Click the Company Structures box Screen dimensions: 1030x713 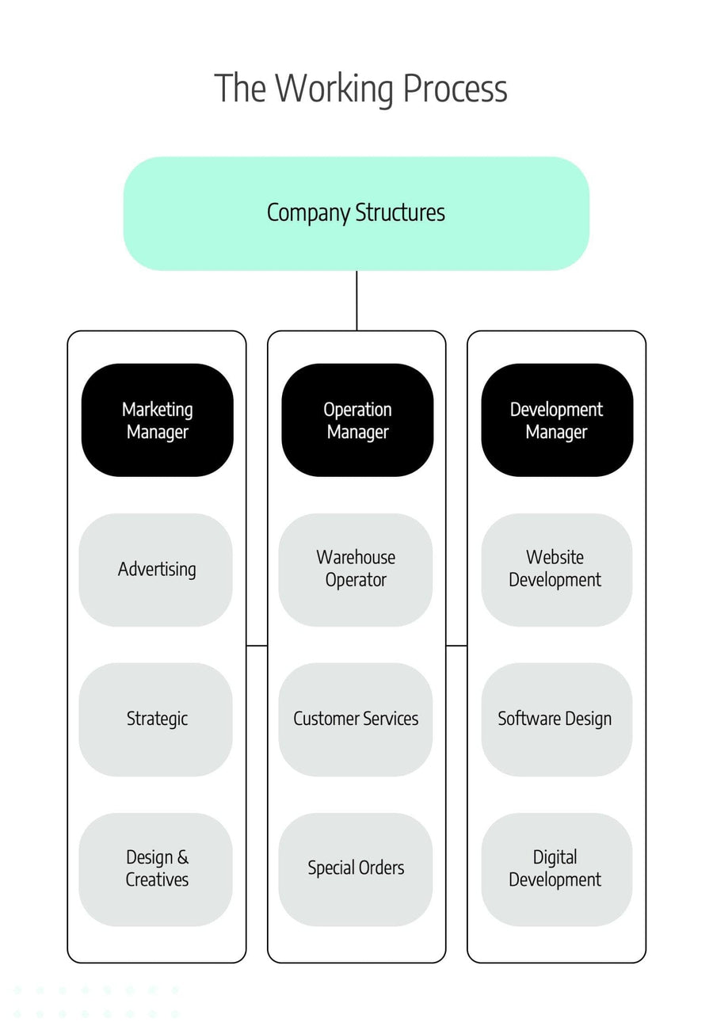pyautogui.click(x=356, y=213)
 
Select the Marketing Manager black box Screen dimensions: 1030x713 pyautogui.click(x=158, y=420)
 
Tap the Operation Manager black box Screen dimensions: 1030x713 pyautogui.click(x=357, y=420)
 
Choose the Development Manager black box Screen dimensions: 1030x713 pyautogui.click(x=557, y=420)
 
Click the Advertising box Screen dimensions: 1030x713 pyautogui.click(x=156, y=570)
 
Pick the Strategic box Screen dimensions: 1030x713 pyautogui.click(x=156, y=719)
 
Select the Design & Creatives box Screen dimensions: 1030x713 pyautogui.click(x=156, y=869)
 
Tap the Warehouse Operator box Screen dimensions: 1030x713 pyautogui.click(x=356, y=570)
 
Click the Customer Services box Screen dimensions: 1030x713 pyautogui.click(x=356, y=719)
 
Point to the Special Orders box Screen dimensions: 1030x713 pyautogui.click(x=356, y=869)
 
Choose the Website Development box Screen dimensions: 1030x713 pyautogui.click(x=557, y=570)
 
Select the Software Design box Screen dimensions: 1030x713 pyautogui.click(x=557, y=719)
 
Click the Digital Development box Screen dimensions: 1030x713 pyautogui.click(x=557, y=869)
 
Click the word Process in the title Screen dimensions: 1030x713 pyautogui.click(x=455, y=88)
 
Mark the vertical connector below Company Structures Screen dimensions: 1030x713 pyautogui.click(x=356, y=300)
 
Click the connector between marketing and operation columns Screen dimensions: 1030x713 pyautogui.click(x=257, y=646)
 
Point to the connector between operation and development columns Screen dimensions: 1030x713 pyautogui.click(x=456, y=646)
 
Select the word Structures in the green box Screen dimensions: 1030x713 pyautogui.click(x=400, y=213)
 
